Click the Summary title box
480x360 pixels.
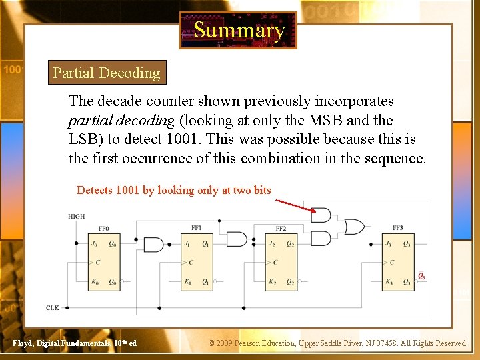tap(238, 31)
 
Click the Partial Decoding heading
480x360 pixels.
tap(107, 73)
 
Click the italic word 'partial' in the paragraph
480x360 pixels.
tap(90, 120)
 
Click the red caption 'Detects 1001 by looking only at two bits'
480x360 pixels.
tap(174, 190)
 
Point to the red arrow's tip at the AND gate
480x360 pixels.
tap(313, 212)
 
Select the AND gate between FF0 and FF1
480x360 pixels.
tap(154, 244)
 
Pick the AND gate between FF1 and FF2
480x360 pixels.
tap(237, 239)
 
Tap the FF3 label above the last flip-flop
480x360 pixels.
tap(398, 228)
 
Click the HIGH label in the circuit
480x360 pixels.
tap(77, 217)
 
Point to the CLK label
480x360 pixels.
tap(53, 308)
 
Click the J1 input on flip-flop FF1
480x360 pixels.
tap(187, 244)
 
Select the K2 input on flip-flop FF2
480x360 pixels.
tap(272, 282)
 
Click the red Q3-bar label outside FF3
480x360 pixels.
tap(421, 277)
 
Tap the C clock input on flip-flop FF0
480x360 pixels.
tap(99, 263)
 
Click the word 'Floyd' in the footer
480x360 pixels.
tap(23, 343)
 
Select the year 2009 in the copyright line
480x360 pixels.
tap(226, 343)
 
